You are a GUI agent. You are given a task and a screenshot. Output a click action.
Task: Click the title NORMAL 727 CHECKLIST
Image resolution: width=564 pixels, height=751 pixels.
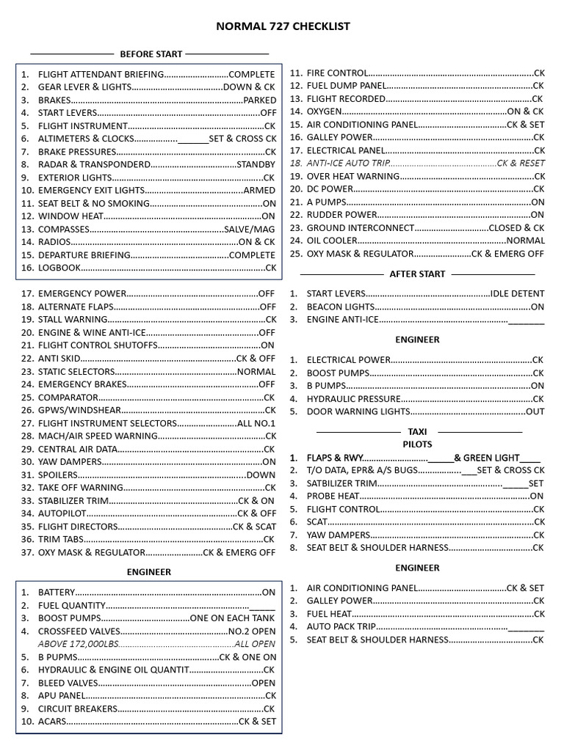point(283,26)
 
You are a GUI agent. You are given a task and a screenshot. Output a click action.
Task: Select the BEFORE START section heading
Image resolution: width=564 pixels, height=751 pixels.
point(151,54)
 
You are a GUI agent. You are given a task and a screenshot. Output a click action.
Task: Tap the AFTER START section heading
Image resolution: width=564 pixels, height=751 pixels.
point(417,274)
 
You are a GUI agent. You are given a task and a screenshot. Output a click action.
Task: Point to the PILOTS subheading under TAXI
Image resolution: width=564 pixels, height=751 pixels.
point(417,444)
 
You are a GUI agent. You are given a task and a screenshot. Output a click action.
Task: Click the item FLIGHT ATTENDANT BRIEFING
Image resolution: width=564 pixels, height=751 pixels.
point(101,74)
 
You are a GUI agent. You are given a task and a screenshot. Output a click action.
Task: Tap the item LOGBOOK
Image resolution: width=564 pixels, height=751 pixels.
point(59,268)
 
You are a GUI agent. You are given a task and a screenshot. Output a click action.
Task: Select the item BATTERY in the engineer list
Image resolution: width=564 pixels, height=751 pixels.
point(57,592)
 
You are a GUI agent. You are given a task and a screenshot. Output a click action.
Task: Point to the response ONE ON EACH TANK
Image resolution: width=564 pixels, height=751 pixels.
point(233,618)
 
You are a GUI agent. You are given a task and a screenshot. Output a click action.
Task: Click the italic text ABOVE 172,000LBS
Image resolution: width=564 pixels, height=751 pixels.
point(78,643)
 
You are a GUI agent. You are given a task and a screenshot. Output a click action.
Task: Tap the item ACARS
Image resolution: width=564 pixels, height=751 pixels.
point(52,721)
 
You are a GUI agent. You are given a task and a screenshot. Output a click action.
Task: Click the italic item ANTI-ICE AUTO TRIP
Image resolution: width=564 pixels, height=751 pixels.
point(347,163)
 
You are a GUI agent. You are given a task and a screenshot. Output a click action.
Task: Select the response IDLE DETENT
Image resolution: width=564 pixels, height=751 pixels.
point(517,293)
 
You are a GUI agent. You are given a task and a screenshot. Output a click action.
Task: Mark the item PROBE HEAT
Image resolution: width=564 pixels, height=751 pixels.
point(333,496)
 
